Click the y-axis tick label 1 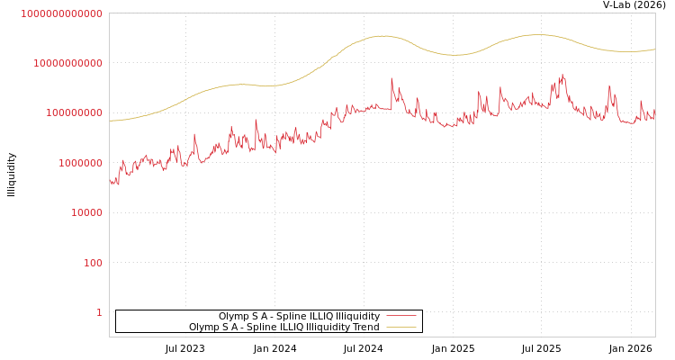[99, 312]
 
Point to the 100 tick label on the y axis [94, 263]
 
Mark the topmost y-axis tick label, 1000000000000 [62, 13]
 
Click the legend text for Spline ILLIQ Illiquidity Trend [283, 328]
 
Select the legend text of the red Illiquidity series [299, 317]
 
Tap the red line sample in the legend [401, 317]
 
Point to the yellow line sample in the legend [401, 328]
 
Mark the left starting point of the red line [110, 180]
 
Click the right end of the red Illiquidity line [654, 115]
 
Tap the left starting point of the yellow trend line [110, 121]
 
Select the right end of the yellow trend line [654, 49]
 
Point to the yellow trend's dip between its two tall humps [455, 55]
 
